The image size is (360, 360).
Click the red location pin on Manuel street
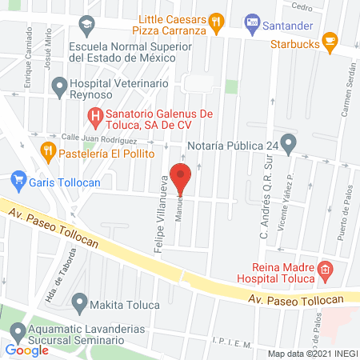(182, 178)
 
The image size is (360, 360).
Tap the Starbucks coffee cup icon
(329, 41)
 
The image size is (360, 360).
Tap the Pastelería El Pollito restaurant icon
(48, 149)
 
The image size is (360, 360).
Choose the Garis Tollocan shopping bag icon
(18, 182)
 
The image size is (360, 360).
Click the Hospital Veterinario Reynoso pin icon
(58, 85)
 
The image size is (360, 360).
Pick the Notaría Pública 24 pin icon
(290, 146)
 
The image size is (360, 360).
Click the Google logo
(27, 350)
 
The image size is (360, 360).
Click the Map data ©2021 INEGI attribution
(312, 353)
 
